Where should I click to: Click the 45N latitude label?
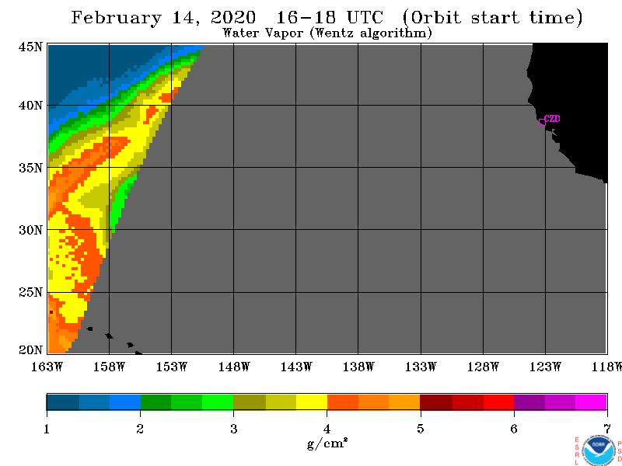point(30,47)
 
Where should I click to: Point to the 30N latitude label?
point(30,230)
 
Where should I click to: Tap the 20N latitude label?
point(30,350)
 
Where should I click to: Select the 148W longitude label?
point(234,367)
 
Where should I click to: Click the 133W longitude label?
point(421,367)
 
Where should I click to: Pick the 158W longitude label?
point(109,367)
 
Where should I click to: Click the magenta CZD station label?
point(552,118)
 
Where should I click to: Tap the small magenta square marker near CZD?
point(542,122)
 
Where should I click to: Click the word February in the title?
point(116,18)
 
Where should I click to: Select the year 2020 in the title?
point(232,17)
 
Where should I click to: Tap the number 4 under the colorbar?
point(327,429)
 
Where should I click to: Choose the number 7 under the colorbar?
point(607,429)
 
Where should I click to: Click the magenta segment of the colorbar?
point(591,402)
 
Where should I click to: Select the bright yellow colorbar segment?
point(312,402)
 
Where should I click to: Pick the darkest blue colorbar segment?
point(63,402)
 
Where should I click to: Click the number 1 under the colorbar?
point(47,429)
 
